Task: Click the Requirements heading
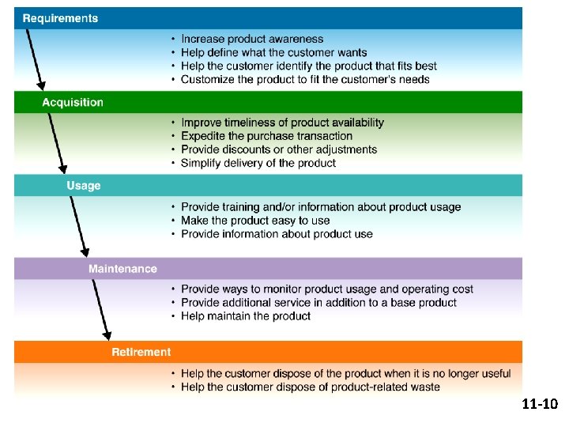[61, 18]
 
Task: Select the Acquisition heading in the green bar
[73, 102]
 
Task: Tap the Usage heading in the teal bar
[84, 186]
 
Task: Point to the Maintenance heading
[122, 269]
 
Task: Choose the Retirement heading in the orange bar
[141, 352]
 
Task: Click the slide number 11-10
[540, 405]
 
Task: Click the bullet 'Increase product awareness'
[252, 39]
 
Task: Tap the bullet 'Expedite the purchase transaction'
[266, 136]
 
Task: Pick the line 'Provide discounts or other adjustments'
[279, 149]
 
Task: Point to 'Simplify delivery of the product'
[258, 163]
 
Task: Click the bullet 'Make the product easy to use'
[255, 221]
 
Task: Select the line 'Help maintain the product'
[246, 316]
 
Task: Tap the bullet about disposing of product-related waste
[310, 387]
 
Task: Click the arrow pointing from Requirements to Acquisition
[36, 59]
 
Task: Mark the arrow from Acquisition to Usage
[58, 142]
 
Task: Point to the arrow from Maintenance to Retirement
[102, 308]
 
